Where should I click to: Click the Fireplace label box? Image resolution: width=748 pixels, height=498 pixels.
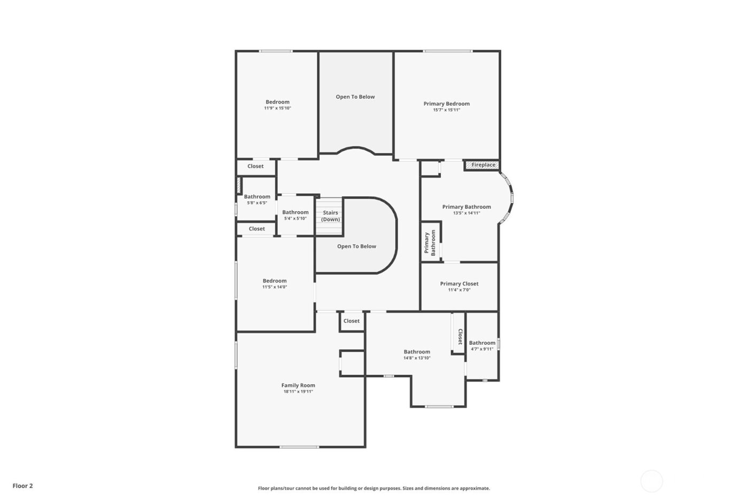[483, 165]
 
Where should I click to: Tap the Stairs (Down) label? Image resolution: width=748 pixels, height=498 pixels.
[331, 216]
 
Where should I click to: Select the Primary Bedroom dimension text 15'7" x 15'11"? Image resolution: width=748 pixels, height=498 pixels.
[446, 110]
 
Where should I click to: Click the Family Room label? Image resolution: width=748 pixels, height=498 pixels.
[298, 385]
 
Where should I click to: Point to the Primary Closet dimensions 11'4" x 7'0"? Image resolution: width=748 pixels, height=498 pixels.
[459, 290]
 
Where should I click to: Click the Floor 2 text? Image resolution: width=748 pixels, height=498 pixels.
[23, 486]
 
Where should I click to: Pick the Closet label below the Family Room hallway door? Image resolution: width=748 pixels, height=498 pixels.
[352, 321]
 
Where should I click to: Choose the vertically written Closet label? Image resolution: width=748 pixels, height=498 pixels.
[459, 336]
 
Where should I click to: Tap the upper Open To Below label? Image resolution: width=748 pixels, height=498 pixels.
[355, 97]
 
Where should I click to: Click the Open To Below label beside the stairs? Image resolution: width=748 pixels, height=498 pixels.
[356, 246]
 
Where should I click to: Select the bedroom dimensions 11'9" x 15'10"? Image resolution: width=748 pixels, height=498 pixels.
[277, 108]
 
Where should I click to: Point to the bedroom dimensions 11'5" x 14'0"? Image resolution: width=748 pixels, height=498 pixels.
[275, 287]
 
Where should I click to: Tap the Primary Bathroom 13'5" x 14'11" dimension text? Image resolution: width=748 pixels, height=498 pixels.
[466, 213]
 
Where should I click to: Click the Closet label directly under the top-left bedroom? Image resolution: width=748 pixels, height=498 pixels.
[255, 166]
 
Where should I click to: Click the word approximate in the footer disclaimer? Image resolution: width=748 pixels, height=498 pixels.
[476, 488]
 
